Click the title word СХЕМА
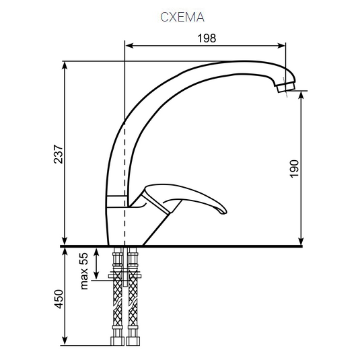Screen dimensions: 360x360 click(182, 17)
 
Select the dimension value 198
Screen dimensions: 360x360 click(207, 38)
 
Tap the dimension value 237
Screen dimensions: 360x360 click(58, 154)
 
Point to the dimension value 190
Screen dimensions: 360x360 click(294, 169)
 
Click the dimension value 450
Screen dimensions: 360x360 click(58, 299)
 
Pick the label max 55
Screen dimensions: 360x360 click(84, 271)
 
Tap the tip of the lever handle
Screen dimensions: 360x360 click(223, 212)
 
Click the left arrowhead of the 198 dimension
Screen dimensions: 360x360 click(129, 46)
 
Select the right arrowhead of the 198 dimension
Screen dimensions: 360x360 click(281, 46)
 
